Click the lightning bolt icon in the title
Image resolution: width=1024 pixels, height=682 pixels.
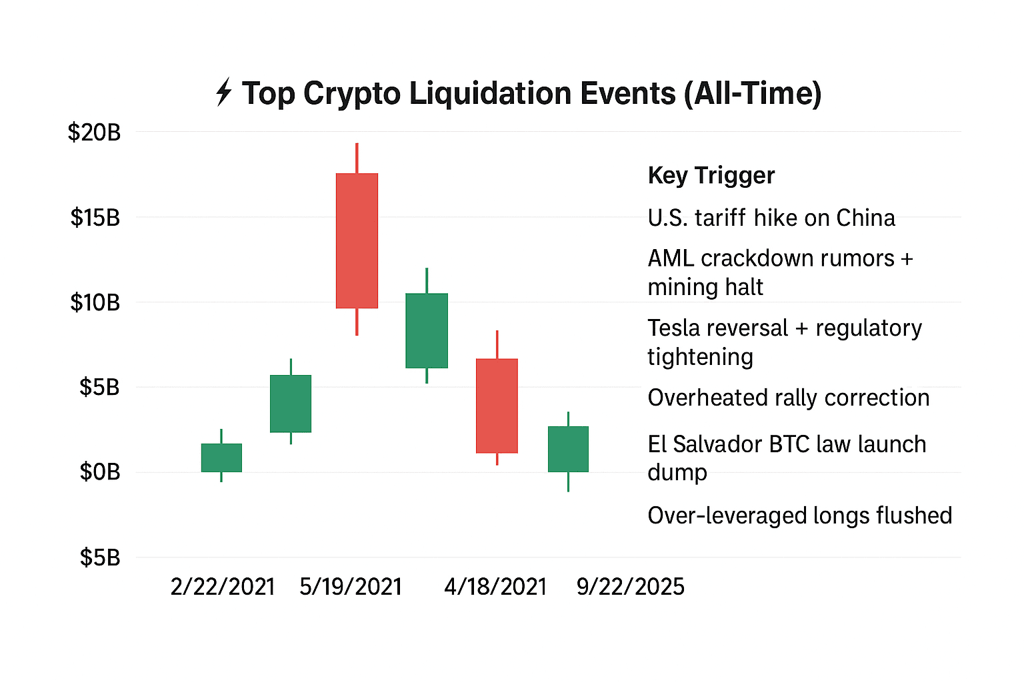224,93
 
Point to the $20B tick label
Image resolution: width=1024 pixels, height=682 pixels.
94,133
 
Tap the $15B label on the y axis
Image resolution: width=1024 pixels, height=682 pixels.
95,217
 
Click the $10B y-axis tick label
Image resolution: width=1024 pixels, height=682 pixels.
95,302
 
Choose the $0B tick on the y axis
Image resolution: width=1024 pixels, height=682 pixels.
100,472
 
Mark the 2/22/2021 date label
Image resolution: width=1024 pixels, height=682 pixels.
223,587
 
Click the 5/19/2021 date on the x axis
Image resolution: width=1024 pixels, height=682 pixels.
351,587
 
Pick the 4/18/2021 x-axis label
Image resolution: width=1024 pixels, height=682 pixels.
495,587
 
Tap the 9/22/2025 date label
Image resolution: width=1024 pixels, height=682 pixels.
630,587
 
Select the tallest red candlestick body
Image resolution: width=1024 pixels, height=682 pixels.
357,240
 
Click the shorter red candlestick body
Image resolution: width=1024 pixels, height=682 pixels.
497,406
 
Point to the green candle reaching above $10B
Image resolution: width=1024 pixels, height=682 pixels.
427,330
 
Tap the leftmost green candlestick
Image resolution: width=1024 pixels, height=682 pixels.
221,458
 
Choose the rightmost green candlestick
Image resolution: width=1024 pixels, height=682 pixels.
568,449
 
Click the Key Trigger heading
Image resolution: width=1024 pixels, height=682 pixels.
711,175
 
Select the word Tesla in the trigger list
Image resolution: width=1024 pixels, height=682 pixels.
673,328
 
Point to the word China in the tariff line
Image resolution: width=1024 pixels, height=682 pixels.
865,218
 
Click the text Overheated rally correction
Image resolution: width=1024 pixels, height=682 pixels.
788,398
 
